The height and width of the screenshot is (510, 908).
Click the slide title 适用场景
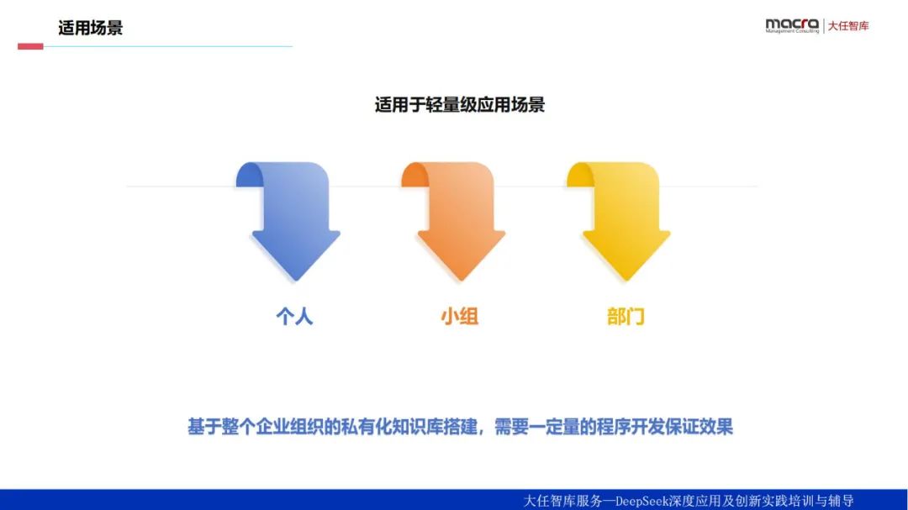90,28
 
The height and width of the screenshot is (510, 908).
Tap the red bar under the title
30,46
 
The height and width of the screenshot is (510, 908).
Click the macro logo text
792,24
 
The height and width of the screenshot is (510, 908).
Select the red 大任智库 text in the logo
848,25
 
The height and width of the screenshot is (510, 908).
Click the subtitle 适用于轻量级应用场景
460,105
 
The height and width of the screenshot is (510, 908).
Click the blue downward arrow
289,221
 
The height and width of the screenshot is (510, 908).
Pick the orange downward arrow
455,221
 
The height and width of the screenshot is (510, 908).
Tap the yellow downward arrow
620,221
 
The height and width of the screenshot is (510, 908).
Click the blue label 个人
294,316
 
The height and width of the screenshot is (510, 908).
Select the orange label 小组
459,316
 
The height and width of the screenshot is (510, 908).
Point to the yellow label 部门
626,316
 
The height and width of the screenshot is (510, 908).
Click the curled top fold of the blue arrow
249,175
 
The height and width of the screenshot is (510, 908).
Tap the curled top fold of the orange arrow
414,175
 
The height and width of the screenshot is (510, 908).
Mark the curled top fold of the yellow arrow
579,175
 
